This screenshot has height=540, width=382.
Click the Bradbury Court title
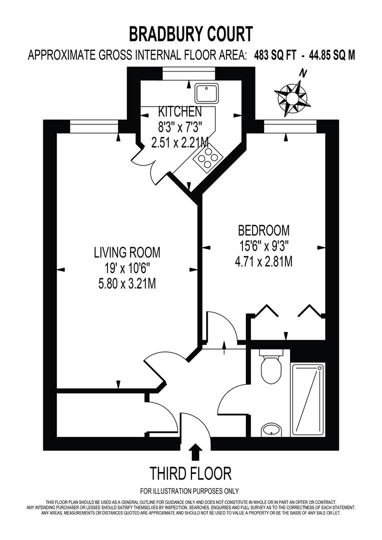pyautogui.click(x=191, y=34)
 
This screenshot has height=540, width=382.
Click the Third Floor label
pyautogui.click(x=191, y=472)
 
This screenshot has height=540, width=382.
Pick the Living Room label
pyautogui.click(x=127, y=252)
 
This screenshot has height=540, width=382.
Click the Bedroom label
pyautogui.click(x=263, y=230)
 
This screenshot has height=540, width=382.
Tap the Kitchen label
pyautogui.click(x=180, y=111)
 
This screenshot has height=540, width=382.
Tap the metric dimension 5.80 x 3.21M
pyautogui.click(x=127, y=284)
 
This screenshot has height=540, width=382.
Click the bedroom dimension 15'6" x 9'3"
pyautogui.click(x=263, y=246)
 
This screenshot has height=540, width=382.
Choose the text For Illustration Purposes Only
pyautogui.click(x=189, y=490)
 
